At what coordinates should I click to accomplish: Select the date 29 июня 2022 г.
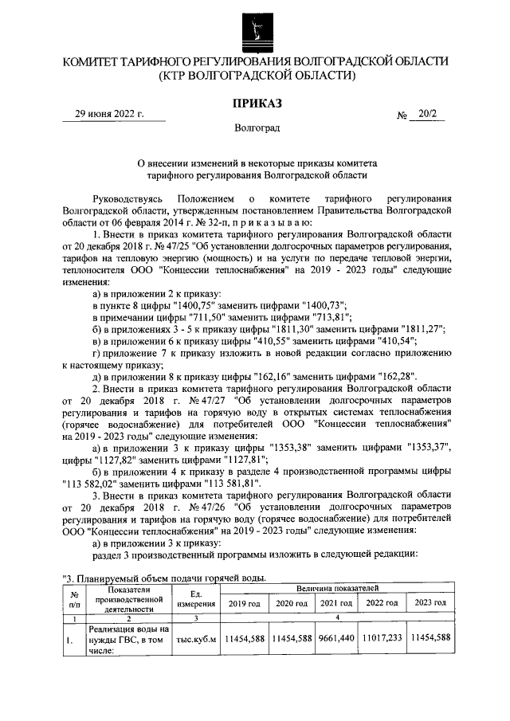(x=109, y=114)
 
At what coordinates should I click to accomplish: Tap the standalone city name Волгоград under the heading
(x=257, y=127)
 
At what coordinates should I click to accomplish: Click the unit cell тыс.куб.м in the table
(x=195, y=637)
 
